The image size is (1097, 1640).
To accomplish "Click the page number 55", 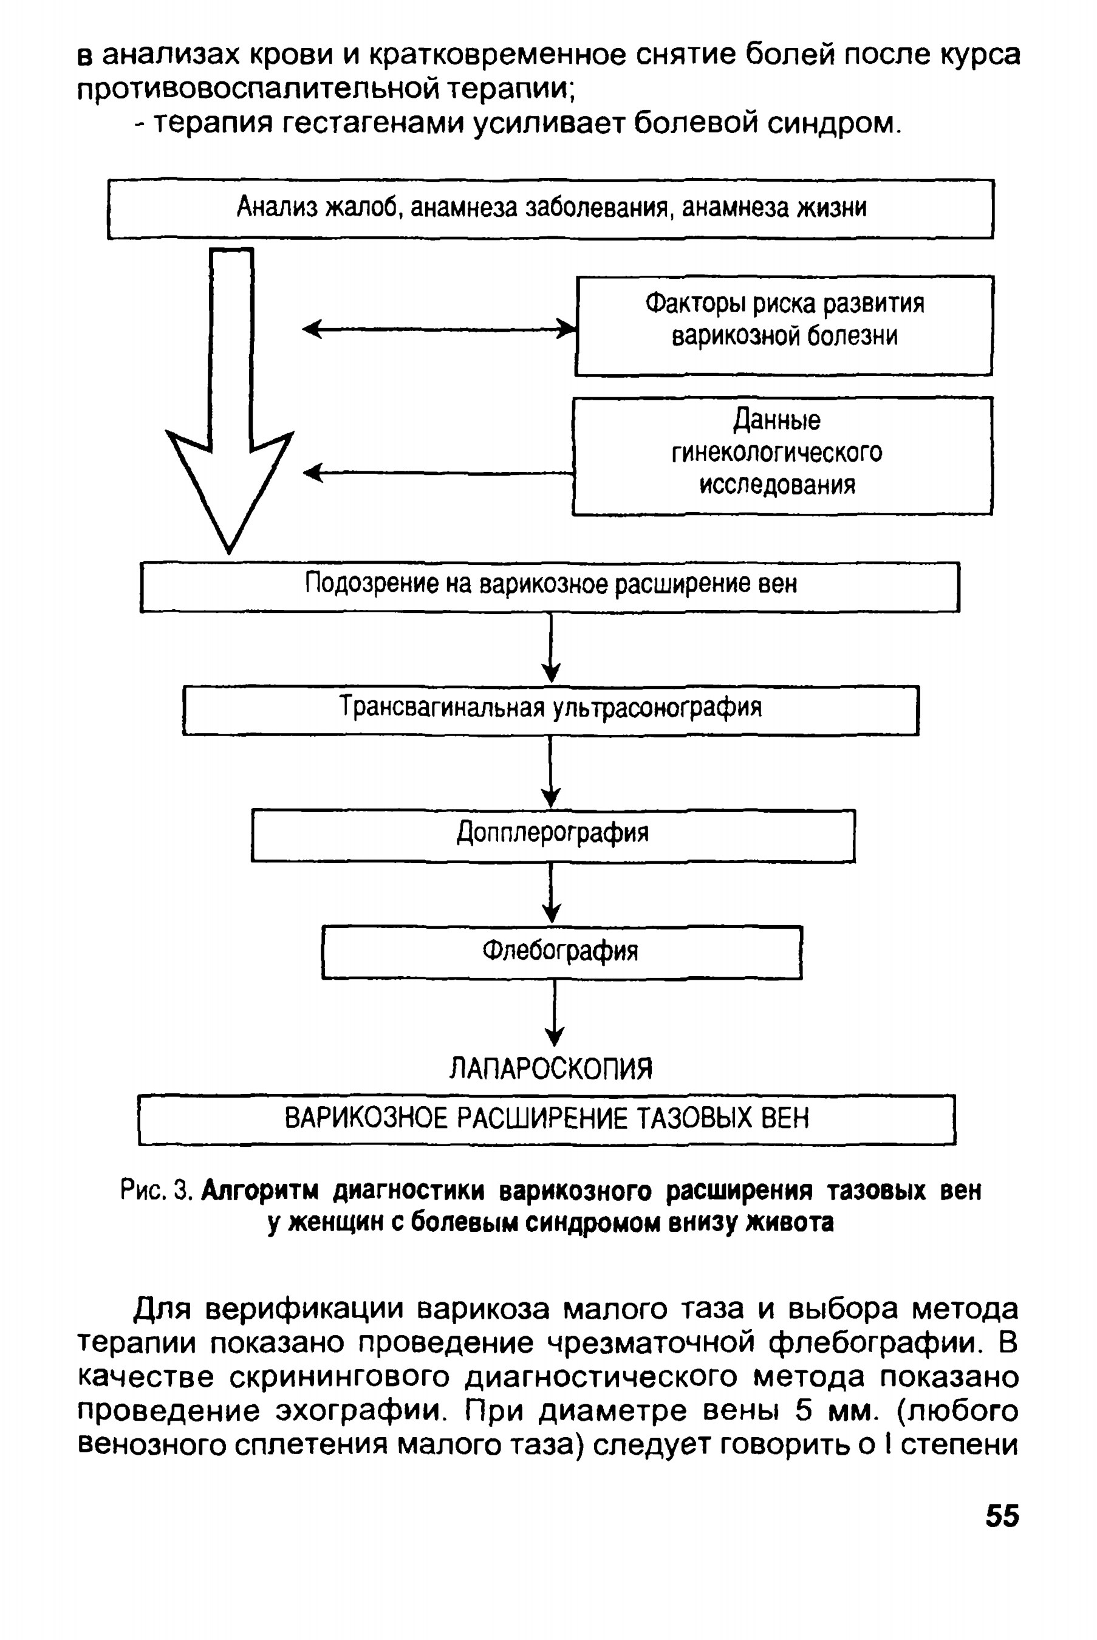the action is (1002, 1515).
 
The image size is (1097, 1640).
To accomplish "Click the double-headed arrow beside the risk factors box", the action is (439, 328).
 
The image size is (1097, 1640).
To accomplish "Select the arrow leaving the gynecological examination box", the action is (438, 473).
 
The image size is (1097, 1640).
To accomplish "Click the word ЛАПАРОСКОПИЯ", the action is (550, 1068).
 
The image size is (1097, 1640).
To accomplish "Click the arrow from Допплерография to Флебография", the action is (552, 893).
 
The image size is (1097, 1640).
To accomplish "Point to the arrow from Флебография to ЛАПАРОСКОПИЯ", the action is (555, 1013).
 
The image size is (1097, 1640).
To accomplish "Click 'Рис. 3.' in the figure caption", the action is (156, 1190).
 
